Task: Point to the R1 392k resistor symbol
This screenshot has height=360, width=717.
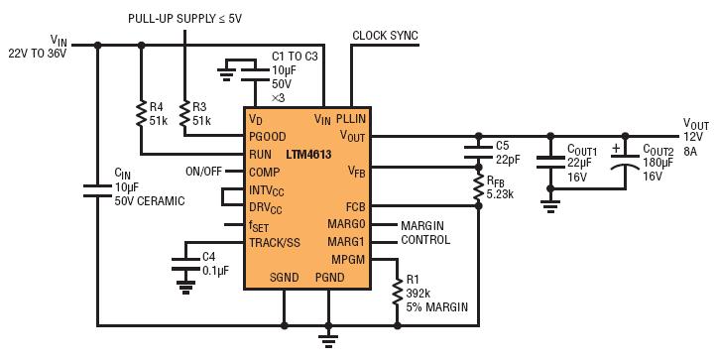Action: pos(398,295)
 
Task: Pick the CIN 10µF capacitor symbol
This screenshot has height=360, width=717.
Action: pos(97,187)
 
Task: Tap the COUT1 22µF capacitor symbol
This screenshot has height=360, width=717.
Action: pos(548,161)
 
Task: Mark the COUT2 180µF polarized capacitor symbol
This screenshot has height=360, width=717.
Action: pos(623,161)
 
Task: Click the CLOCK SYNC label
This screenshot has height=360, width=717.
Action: pos(385,36)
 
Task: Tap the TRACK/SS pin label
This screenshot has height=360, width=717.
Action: pos(275,243)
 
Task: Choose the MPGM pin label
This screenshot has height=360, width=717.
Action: pos(346,260)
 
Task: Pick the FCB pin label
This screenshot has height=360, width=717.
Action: pos(355,207)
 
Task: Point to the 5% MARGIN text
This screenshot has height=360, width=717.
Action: pos(437,306)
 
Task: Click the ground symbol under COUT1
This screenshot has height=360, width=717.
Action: pos(548,204)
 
